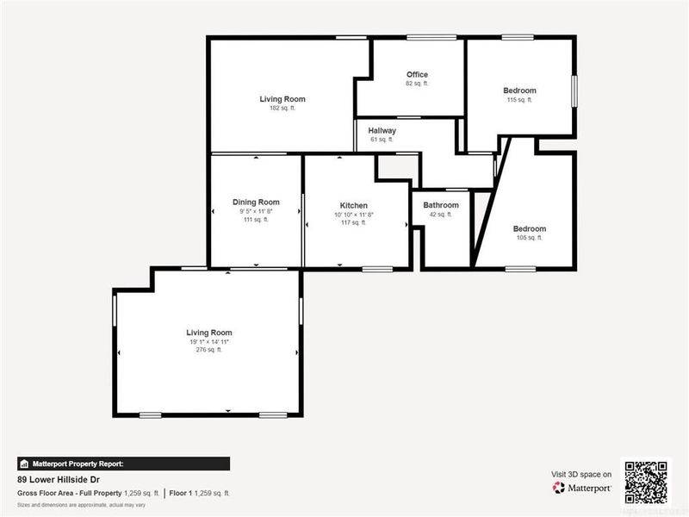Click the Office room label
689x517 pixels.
click(x=417, y=74)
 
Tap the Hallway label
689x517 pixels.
click(x=382, y=130)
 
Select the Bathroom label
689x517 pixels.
click(x=441, y=205)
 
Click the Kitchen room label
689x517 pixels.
click(x=353, y=205)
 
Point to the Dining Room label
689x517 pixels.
click(x=256, y=202)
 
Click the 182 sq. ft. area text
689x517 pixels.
click(x=282, y=109)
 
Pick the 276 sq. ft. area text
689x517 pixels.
click(x=209, y=350)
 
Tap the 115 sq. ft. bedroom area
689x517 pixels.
click(x=519, y=100)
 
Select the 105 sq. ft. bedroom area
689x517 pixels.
click(x=529, y=238)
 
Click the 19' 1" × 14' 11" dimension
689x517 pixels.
click(x=209, y=341)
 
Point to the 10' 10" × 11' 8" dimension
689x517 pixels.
click(x=353, y=214)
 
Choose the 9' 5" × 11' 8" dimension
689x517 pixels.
click(x=256, y=210)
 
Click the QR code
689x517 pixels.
click(x=645, y=482)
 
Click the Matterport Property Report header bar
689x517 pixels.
click(x=123, y=463)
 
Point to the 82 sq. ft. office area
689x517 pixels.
click(x=417, y=84)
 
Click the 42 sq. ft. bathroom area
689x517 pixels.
click(x=441, y=215)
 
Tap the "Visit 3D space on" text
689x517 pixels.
click(x=581, y=474)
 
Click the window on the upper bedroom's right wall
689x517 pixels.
click(x=574, y=90)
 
